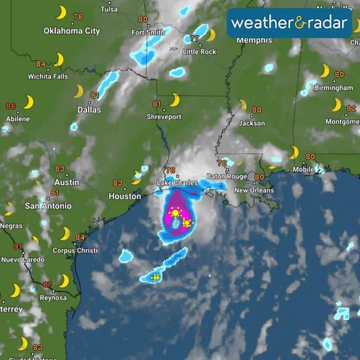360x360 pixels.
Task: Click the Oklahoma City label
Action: click(x=71, y=30)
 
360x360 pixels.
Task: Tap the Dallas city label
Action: click(x=89, y=109)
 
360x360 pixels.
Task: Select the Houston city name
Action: click(x=125, y=196)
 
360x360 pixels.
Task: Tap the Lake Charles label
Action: click(x=177, y=183)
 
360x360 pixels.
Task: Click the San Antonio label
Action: click(x=48, y=206)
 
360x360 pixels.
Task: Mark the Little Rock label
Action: click(x=199, y=52)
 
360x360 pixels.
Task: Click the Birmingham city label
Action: click(x=334, y=88)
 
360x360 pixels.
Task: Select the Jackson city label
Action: click(x=251, y=123)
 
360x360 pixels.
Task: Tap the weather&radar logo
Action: click(x=289, y=22)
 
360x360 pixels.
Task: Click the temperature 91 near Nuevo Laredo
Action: click(x=17, y=246)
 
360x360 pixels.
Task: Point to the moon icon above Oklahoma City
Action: click(x=62, y=12)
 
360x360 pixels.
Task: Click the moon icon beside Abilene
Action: click(x=28, y=102)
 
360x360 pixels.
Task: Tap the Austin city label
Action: click(x=66, y=182)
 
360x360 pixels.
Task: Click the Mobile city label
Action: click(x=303, y=169)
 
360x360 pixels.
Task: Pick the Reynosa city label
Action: click(x=53, y=297)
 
